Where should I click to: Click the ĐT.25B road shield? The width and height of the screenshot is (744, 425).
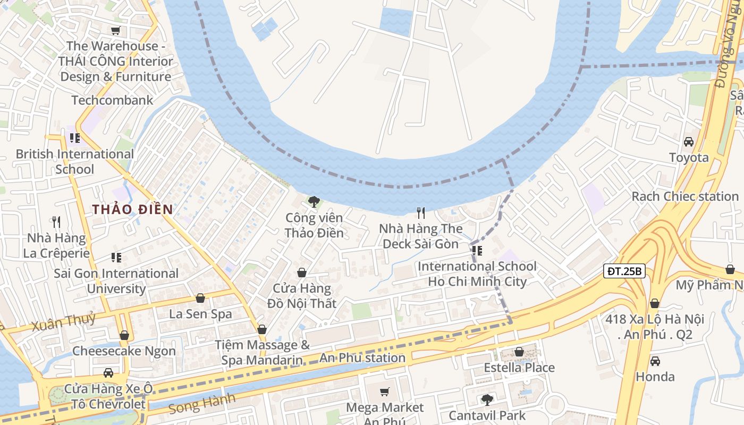[624, 271]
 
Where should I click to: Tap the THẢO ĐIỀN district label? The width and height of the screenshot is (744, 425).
[132, 209]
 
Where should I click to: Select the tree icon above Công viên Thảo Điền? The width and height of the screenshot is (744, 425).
[314, 202]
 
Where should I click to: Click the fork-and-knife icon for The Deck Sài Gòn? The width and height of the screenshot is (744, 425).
[421, 213]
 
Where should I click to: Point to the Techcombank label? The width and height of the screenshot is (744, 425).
[112, 100]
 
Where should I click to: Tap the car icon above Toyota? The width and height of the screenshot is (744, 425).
[689, 142]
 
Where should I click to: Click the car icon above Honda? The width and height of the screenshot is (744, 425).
[655, 361]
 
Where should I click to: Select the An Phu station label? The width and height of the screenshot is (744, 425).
[362, 358]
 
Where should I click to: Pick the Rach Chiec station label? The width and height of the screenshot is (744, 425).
[685, 196]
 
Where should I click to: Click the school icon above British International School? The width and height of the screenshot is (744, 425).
[75, 138]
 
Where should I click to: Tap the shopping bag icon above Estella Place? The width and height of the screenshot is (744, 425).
[519, 352]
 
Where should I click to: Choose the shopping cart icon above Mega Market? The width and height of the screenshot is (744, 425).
[385, 392]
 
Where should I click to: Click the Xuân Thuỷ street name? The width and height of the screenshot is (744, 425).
[63, 322]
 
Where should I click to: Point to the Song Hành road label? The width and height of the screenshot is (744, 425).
[201, 403]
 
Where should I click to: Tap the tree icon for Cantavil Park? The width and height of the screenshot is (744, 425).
[487, 399]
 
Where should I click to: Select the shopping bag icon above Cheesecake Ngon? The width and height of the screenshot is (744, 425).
[124, 335]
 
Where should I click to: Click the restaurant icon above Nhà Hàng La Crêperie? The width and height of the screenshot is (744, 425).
[56, 222]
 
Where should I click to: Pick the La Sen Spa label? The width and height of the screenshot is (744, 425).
[200, 313]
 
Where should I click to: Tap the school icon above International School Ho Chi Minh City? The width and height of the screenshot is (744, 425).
[477, 250]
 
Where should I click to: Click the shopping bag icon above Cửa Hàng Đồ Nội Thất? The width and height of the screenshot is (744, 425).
[301, 273]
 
